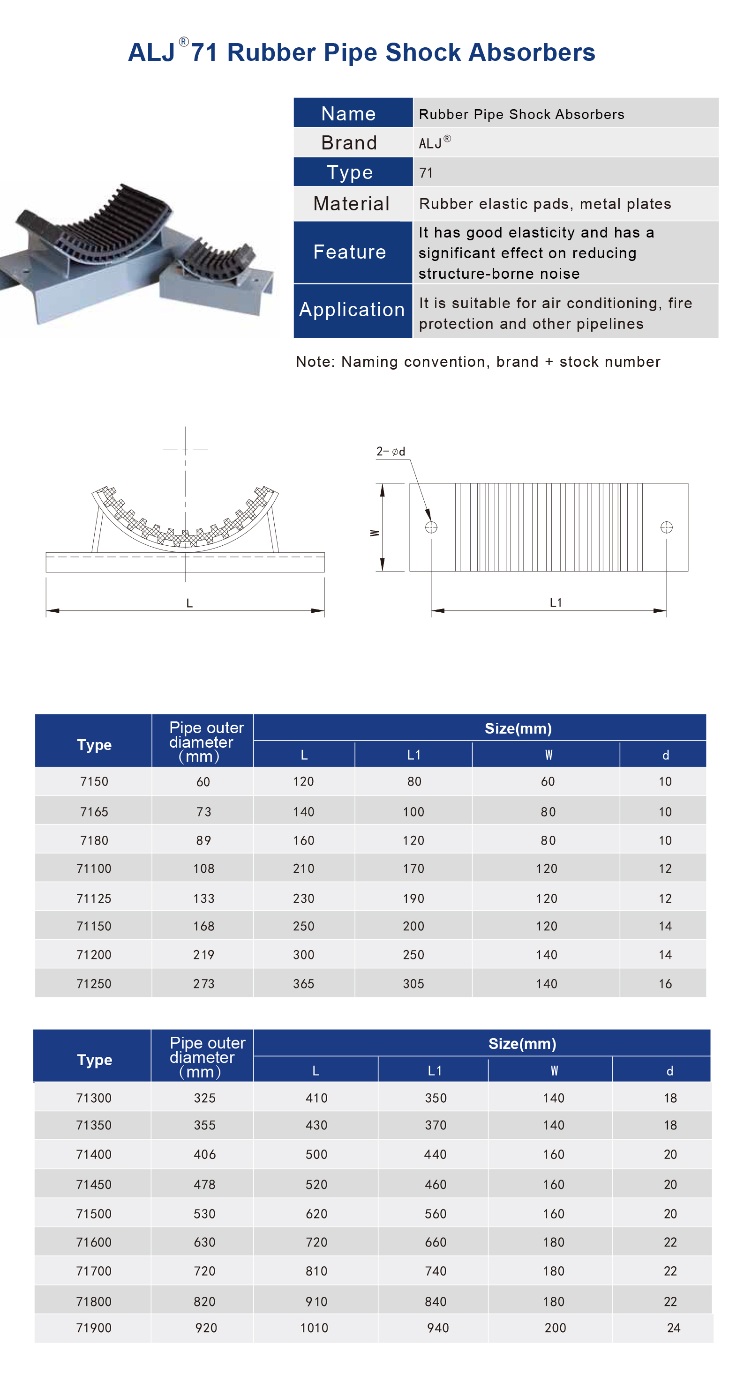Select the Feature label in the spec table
(x=350, y=252)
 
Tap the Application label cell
(x=352, y=310)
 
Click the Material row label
(x=351, y=204)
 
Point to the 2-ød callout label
(x=391, y=452)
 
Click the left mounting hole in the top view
(x=431, y=527)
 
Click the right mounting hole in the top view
(x=666, y=527)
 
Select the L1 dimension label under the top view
(x=556, y=602)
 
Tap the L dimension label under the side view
(x=189, y=603)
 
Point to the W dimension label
(x=375, y=533)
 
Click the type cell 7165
(x=94, y=812)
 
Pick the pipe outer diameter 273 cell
(x=203, y=984)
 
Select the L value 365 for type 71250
(x=304, y=984)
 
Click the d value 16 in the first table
(x=665, y=984)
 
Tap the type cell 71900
(x=94, y=1328)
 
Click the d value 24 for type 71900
(x=674, y=1328)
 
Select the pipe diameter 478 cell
(x=204, y=1184)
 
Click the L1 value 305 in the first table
(x=413, y=984)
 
